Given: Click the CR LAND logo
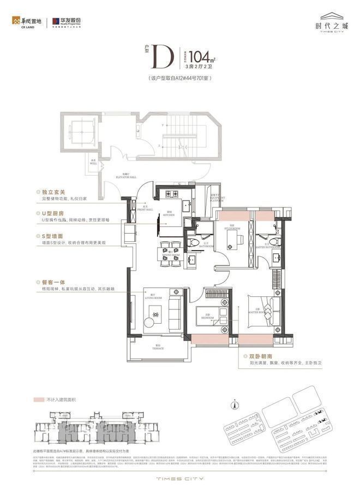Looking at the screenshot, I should (25, 22).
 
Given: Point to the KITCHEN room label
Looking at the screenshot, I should (170, 213).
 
